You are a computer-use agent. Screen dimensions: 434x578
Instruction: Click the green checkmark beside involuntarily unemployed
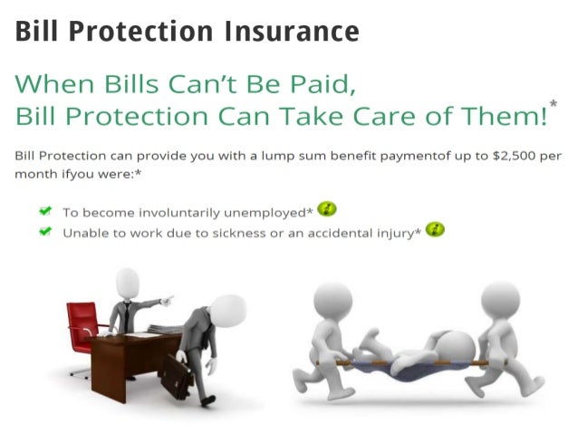(44, 210)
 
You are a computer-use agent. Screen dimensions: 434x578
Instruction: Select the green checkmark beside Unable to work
(44, 232)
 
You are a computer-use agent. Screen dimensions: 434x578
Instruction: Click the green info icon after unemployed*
(327, 209)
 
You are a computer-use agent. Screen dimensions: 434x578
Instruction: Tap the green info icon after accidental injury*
(436, 230)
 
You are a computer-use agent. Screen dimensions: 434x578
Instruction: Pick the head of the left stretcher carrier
(332, 302)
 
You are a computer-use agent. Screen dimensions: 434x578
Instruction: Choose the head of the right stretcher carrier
(499, 300)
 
